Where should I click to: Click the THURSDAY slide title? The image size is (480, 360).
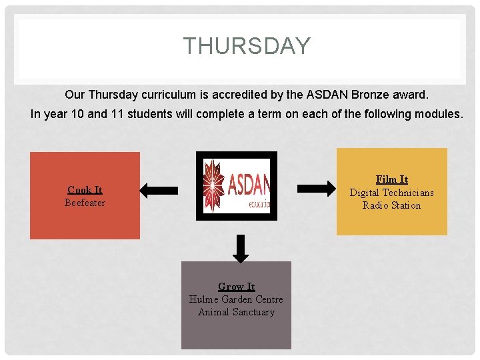(x=247, y=46)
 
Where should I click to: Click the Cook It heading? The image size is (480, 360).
(x=85, y=190)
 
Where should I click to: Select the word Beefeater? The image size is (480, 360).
(x=85, y=203)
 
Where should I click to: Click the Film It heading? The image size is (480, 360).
(x=391, y=179)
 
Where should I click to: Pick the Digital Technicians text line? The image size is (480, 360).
(x=391, y=193)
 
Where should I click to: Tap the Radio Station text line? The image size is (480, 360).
(x=391, y=205)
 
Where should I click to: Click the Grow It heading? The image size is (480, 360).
(x=236, y=287)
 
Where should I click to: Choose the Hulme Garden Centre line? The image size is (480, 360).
(x=236, y=299)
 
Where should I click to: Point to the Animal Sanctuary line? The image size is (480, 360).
(x=236, y=312)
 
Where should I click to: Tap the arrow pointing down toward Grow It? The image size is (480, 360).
(x=241, y=247)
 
